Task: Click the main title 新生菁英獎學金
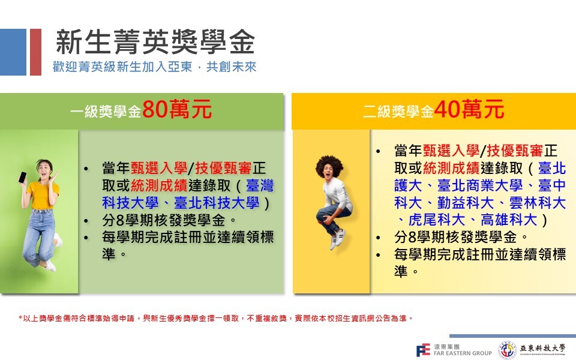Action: (x=155, y=41)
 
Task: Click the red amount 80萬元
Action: (x=176, y=109)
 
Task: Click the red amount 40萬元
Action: (x=469, y=109)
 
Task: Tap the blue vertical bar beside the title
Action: (x=13, y=52)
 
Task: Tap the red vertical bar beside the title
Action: (x=35, y=52)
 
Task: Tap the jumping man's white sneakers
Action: (x=338, y=239)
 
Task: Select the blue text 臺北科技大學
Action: (x=217, y=203)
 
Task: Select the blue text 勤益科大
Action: (x=466, y=203)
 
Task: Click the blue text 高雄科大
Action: (x=509, y=220)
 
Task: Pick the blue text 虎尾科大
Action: (x=437, y=220)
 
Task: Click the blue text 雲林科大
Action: (x=538, y=203)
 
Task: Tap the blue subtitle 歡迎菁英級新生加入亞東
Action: (x=122, y=67)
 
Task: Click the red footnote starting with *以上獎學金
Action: (x=215, y=318)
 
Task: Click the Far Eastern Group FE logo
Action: (x=423, y=350)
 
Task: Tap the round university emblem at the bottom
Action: (x=508, y=350)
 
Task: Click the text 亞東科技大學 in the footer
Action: (x=542, y=348)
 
